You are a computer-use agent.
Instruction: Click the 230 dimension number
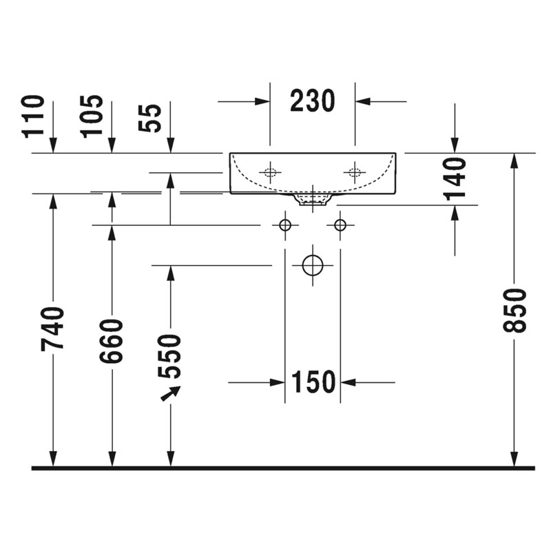[313, 101]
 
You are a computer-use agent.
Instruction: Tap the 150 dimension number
[313, 382]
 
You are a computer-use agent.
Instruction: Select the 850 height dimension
[514, 311]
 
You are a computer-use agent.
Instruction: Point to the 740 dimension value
[52, 329]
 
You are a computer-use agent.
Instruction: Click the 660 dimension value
[111, 341]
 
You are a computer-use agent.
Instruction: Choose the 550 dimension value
[169, 356]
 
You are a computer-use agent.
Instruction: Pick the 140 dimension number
[456, 179]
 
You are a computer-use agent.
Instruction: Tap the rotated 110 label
[33, 116]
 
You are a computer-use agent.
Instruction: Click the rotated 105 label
[92, 116]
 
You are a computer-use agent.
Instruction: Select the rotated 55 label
[150, 118]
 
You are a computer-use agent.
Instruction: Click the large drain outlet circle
[313, 265]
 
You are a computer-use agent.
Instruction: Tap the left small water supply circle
[285, 225]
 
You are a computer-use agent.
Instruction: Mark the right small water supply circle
[340, 225]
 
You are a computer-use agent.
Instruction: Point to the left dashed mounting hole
[270, 172]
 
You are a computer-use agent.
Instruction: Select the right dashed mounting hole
[355, 172]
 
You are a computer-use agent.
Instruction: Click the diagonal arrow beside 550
[171, 393]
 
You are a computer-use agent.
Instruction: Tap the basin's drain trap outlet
[313, 200]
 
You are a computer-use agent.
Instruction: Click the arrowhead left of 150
[278, 382]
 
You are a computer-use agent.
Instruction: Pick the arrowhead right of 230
[363, 101]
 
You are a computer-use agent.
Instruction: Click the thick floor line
[283, 468]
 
